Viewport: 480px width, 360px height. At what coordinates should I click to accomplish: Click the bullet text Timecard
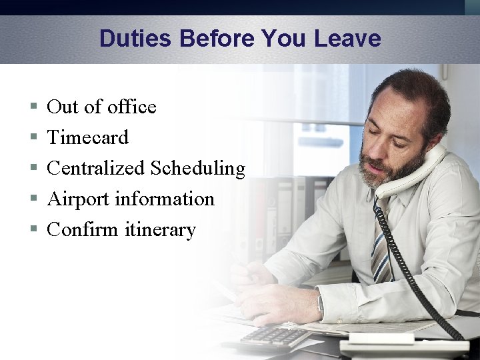click(87, 137)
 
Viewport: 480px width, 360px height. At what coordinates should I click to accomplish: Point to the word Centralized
click(96, 168)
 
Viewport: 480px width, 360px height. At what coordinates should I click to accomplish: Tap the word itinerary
click(160, 230)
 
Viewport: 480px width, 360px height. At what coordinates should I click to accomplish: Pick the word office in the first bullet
click(131, 107)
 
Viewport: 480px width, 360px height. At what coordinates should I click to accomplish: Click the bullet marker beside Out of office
click(33, 107)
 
